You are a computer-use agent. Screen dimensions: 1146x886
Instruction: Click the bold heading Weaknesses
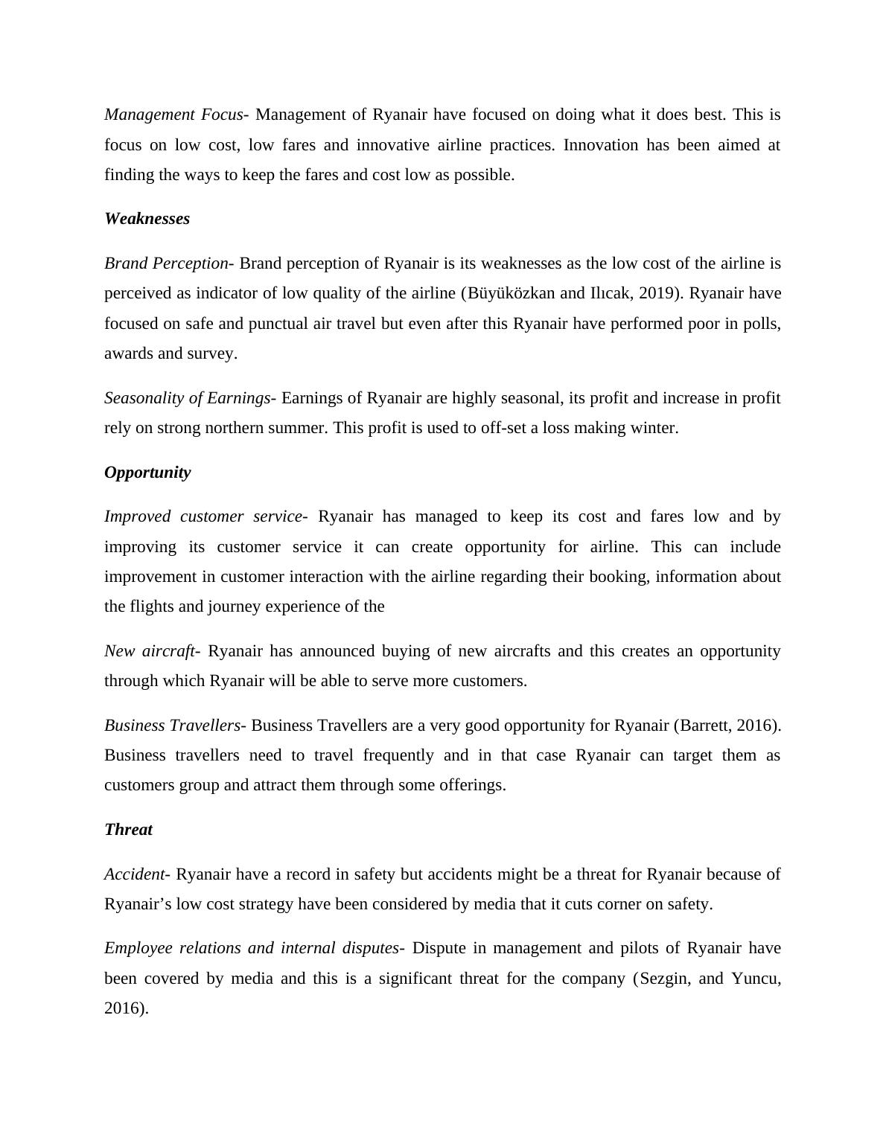[x=147, y=219]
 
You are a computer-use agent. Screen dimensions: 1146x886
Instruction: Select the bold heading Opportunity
[x=147, y=473]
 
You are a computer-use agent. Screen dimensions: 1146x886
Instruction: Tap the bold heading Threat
[x=128, y=830]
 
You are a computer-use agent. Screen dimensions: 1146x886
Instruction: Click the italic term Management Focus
[x=173, y=115]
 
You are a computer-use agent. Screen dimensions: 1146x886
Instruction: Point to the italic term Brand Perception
[x=166, y=263]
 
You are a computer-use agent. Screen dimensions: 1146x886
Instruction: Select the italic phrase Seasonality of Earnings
[x=187, y=398]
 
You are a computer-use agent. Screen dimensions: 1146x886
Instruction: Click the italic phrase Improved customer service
[x=203, y=516]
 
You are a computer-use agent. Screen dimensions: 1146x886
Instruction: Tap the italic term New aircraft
[x=149, y=651]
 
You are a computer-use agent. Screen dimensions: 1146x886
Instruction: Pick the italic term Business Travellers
[x=172, y=726]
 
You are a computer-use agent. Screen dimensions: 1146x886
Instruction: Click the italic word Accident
[x=134, y=874]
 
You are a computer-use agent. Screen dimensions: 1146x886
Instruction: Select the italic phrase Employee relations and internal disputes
[x=251, y=948]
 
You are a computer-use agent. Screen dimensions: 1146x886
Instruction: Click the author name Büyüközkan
[x=511, y=293]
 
